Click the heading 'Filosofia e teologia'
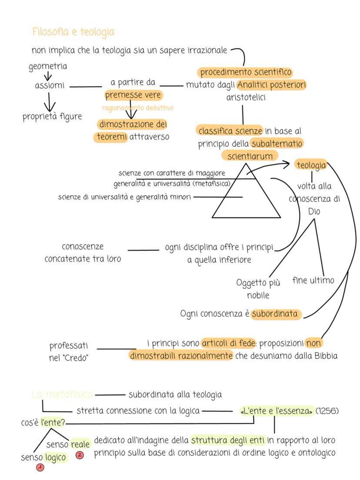point(73,32)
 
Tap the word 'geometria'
point(48,67)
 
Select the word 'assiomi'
point(50,86)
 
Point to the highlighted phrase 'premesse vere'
point(133,95)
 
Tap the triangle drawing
point(246,196)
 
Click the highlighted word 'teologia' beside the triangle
point(311,165)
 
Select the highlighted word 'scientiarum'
point(250,155)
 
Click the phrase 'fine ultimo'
point(313,280)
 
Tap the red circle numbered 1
point(40,467)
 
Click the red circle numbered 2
point(80,456)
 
